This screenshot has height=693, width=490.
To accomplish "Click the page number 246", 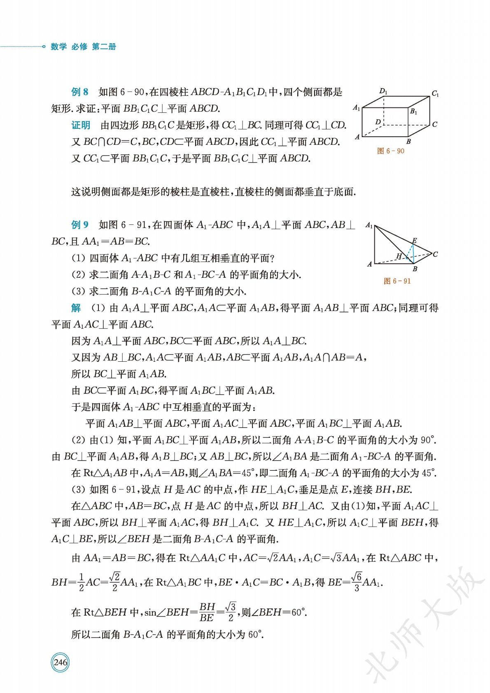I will point(60,663).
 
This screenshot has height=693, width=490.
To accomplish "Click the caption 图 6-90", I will point(390,151).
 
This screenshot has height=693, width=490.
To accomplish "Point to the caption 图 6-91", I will point(397,281).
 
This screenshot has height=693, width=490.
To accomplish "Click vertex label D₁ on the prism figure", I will point(383,91).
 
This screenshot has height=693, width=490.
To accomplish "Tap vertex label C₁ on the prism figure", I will point(435,94).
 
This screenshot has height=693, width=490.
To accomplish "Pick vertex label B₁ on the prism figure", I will point(413,111).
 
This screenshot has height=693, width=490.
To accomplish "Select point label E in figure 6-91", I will point(414,240).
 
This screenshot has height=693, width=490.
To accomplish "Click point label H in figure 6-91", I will point(398,256).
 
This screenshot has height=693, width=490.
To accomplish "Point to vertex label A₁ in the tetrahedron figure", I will point(369,226).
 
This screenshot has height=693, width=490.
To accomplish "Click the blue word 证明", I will point(81,125).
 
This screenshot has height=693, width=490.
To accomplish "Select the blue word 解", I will point(76,308).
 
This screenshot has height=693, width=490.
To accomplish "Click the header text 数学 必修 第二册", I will point(84,47).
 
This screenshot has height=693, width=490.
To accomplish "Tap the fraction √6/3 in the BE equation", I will point(357,582).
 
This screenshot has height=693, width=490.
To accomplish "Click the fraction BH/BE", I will point(207,612).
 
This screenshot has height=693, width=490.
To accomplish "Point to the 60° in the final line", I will point(255,634).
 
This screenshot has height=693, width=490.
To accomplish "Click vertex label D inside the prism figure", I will point(378,122).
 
